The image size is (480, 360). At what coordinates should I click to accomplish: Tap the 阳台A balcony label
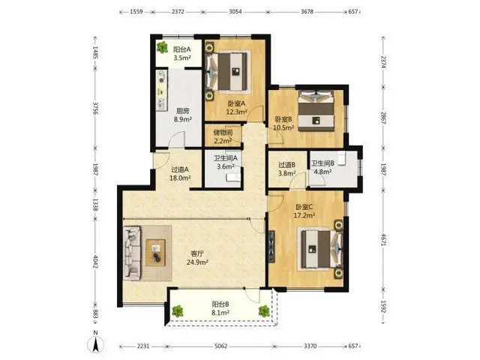pos(182,49)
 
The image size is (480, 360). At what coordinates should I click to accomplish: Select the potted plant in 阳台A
pos(162,47)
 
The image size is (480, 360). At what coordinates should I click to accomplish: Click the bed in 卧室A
pos(227,72)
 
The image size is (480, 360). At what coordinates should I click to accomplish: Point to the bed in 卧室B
pos(316,111)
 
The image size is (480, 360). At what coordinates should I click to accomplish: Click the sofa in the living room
pos(132,253)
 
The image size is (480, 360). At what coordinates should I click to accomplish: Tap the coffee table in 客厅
pos(155,253)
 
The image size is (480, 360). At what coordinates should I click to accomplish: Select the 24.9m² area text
pos(198,262)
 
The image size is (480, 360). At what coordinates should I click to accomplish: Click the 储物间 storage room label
pos(223,133)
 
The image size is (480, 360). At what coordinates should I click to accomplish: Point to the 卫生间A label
pos(226,158)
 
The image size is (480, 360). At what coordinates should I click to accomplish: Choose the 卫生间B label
pos(322,163)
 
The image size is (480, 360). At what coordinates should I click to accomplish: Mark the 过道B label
pos(286,165)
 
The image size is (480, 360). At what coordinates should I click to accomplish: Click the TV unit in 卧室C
pos(271,247)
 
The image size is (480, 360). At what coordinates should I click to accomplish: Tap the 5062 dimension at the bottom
pos(220,346)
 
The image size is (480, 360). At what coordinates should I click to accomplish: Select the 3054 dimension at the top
pos(235,12)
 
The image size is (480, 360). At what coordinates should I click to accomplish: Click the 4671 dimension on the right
pos(383,239)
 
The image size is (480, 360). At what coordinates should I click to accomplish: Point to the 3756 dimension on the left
pos(95,108)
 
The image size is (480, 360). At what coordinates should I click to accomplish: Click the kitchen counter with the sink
pos(162,91)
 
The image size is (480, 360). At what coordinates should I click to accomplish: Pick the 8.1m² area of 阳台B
pos(220,313)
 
